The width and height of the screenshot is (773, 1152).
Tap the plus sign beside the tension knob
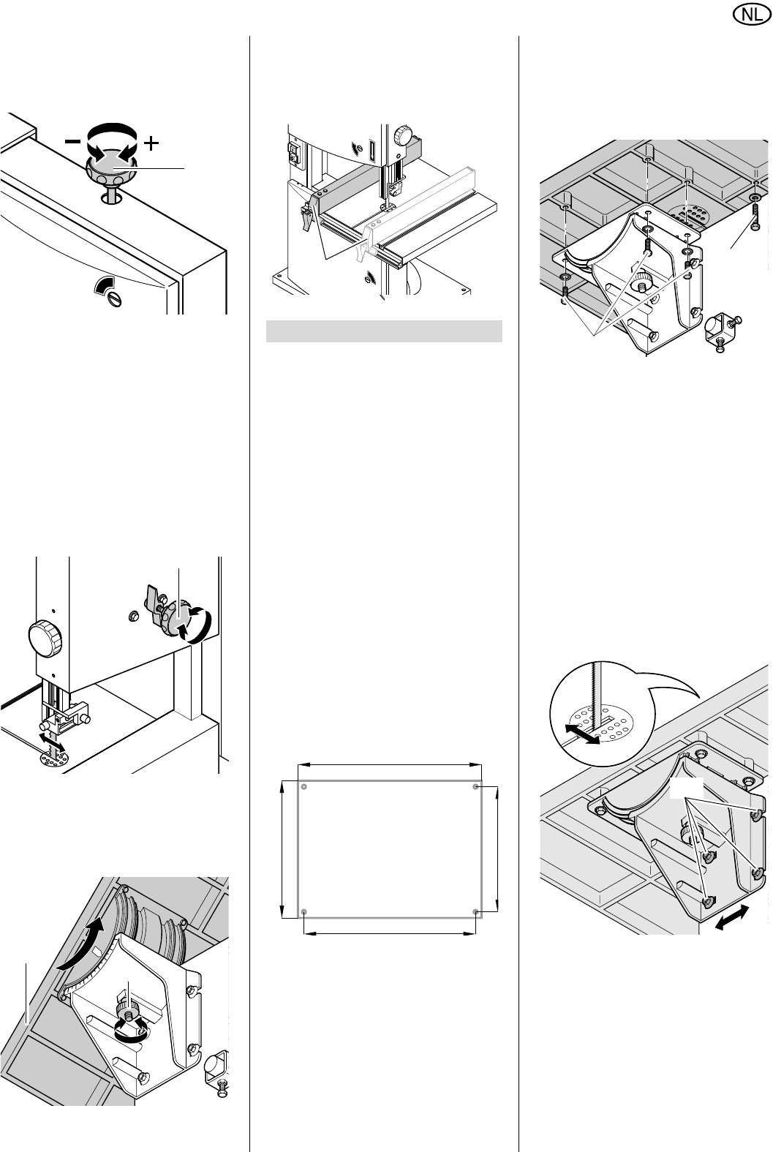[151, 143]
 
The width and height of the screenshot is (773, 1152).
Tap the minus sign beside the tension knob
[72, 141]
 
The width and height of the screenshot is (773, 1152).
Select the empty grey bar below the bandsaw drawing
[384, 331]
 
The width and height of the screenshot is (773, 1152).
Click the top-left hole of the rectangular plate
[303, 787]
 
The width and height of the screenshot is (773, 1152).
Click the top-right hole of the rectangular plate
[476, 787]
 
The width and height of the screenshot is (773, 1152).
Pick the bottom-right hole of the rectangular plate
[476, 912]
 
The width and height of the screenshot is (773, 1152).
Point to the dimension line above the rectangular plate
[390, 765]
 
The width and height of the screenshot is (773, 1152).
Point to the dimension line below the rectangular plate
[390, 933]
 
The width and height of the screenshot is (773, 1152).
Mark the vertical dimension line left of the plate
[282, 849]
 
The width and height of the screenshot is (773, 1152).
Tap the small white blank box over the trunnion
[686, 787]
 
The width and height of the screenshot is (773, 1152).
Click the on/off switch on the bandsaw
[293, 153]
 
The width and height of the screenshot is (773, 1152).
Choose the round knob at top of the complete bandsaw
[403, 136]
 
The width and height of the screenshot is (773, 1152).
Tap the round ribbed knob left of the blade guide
[45, 639]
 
